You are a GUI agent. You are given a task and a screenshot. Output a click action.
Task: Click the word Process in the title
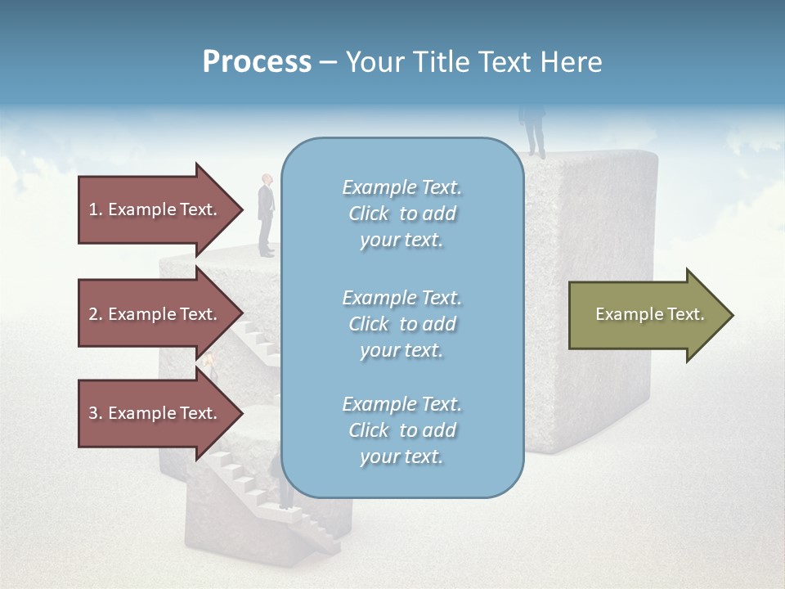(x=257, y=62)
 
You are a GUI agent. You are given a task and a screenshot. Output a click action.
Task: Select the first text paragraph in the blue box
(x=401, y=214)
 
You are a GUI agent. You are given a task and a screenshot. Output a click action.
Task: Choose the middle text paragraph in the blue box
(x=401, y=324)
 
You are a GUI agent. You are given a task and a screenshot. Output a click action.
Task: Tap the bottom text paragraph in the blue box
(x=401, y=430)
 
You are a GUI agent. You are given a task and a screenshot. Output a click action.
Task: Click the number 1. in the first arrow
(x=96, y=209)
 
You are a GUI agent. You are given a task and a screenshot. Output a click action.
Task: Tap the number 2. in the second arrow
(x=96, y=314)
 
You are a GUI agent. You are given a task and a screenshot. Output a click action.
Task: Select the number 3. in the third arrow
(x=96, y=413)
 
